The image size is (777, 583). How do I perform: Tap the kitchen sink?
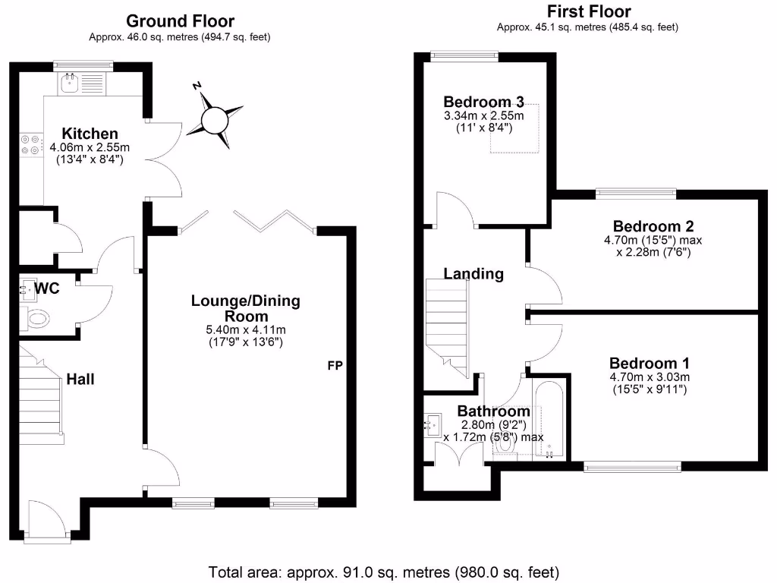tap(71, 82)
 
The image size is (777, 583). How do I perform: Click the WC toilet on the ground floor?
tap(37, 318)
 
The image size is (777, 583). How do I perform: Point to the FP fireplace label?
tap(335, 366)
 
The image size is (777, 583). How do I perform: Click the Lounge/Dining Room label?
tap(245, 308)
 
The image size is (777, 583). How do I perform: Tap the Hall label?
tap(80, 379)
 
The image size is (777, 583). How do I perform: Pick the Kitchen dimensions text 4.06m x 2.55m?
tap(90, 147)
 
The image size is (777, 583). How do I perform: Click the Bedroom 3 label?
tap(483, 102)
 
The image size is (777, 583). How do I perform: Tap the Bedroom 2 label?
tap(653, 226)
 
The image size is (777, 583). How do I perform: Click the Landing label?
tap(473, 274)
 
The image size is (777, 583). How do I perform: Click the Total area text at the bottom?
tap(384, 571)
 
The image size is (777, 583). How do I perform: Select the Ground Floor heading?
tap(180, 21)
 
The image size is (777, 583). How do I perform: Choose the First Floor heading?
tap(588, 11)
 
